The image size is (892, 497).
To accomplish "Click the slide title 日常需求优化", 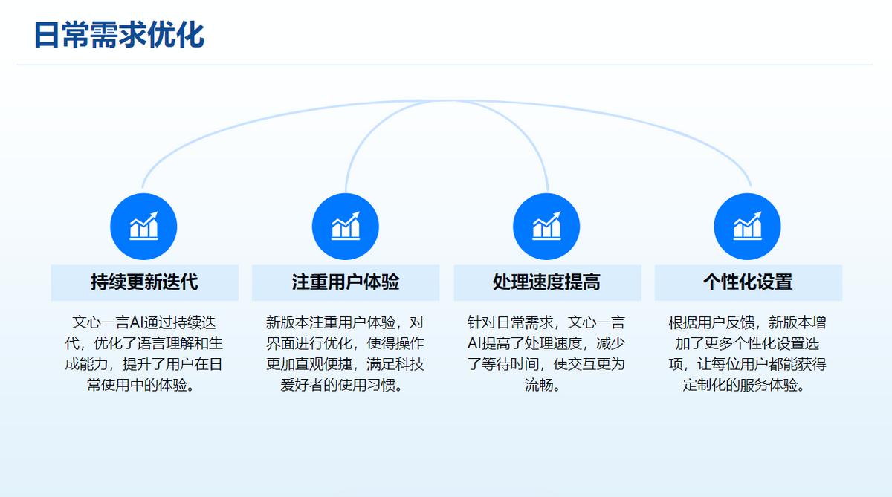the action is [120, 35].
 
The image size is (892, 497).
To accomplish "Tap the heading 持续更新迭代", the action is [144, 282].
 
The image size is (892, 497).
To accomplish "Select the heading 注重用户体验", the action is [345, 282].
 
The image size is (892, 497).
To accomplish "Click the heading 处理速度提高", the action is [546, 282].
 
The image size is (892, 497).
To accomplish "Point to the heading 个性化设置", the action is [748, 282].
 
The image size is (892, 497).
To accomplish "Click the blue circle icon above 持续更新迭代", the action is [143, 227].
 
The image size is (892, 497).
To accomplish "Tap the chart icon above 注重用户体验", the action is [345, 227].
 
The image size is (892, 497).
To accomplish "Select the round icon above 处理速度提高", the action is [546, 227].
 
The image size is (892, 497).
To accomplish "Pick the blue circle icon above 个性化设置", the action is [748, 227].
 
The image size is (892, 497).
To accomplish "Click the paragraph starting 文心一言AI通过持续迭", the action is [143, 354].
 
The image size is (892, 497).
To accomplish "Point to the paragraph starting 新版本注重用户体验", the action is [345, 354].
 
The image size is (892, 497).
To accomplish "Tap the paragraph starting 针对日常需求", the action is [546, 354].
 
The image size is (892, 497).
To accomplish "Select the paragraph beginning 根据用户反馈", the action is [748, 354].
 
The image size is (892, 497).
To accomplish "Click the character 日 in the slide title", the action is [48, 35].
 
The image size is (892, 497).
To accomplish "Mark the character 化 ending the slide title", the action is [191, 35].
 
